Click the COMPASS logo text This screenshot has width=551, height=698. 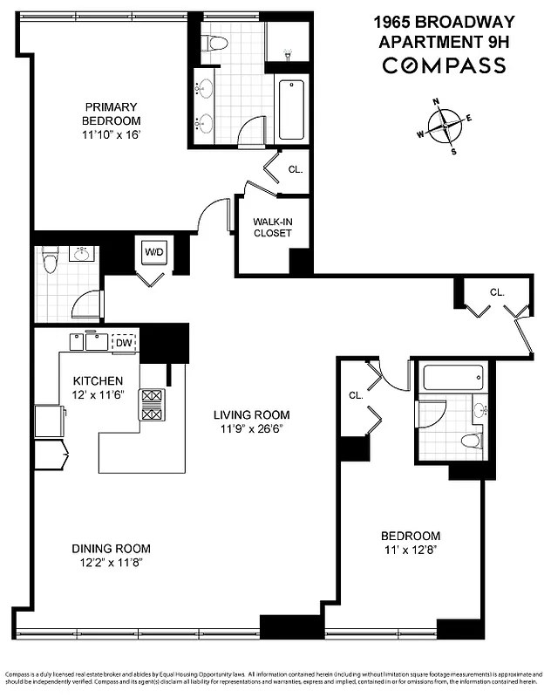point(445,65)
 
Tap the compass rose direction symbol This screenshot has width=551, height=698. point(446,126)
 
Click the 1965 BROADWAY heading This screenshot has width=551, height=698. point(445,21)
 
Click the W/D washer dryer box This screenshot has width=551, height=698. point(154,252)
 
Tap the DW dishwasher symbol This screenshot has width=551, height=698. point(125,342)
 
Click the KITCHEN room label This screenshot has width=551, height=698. point(98,381)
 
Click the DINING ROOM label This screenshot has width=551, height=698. point(111,549)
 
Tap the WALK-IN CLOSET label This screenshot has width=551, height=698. point(273,228)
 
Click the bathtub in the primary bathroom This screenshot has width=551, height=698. point(291,110)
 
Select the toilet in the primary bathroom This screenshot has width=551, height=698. point(214,42)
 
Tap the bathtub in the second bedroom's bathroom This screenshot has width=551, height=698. point(452,379)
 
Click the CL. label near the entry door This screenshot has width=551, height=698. point(497,292)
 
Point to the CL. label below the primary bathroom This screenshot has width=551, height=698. point(295,169)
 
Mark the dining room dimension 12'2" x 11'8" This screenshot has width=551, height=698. point(111,563)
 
